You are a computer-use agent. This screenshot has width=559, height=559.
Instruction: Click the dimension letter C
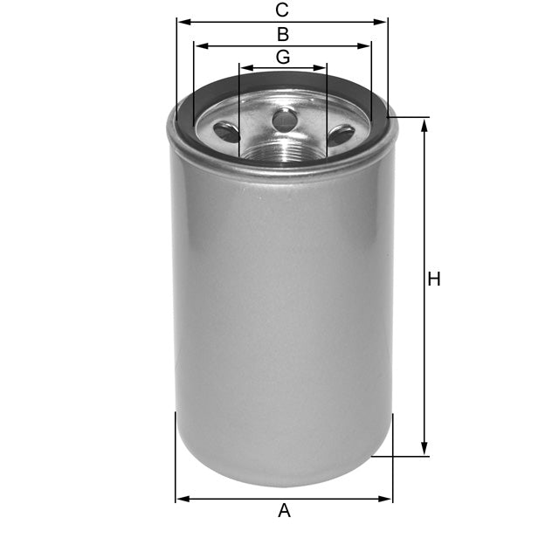click(281, 10)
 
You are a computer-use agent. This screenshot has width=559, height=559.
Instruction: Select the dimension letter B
click(282, 35)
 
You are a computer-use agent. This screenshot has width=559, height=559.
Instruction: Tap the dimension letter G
click(282, 57)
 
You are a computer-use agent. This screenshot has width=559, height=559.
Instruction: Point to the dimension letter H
click(434, 279)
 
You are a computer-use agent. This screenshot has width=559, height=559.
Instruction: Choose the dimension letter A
click(284, 511)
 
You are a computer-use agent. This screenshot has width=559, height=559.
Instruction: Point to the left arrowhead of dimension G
click(245, 67)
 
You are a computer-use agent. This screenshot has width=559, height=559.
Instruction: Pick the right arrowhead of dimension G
click(321, 67)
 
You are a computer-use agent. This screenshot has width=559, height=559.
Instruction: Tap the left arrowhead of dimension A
click(182, 499)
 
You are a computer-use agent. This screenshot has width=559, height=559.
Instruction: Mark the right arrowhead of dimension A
click(387, 499)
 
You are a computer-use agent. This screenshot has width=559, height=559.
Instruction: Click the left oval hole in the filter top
click(227, 132)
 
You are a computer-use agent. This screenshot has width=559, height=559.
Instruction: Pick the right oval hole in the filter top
click(341, 135)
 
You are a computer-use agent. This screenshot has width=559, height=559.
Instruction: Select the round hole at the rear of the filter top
click(284, 120)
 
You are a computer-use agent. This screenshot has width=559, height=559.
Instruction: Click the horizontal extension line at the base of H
click(402, 456)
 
